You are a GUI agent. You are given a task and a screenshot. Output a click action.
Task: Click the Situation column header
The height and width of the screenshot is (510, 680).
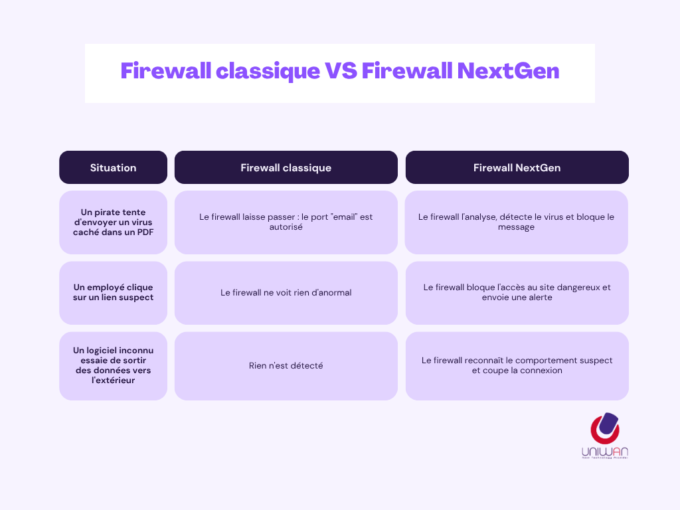point(113,168)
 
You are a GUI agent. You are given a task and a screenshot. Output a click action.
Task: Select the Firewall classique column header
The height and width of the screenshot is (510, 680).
point(286,168)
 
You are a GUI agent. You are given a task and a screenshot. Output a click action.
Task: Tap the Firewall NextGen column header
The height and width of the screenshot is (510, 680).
point(517,168)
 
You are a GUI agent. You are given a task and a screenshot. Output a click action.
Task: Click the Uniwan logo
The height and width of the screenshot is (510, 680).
point(604,435)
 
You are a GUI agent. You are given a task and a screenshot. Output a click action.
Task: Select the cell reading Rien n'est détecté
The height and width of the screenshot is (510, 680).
point(286,365)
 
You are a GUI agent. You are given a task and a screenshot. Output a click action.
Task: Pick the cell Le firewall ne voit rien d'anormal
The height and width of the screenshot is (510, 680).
point(286,292)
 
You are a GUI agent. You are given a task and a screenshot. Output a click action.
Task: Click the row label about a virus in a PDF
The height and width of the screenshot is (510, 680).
point(113,222)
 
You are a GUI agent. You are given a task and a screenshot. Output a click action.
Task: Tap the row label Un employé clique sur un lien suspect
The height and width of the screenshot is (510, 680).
point(113,292)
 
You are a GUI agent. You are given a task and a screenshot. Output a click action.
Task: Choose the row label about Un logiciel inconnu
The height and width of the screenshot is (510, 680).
point(113,365)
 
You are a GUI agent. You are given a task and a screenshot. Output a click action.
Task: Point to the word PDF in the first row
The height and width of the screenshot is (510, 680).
point(145,231)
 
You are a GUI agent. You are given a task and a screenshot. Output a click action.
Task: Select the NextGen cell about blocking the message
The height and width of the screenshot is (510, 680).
point(516,222)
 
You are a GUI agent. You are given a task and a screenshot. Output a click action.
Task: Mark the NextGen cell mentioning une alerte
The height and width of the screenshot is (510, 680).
point(517,292)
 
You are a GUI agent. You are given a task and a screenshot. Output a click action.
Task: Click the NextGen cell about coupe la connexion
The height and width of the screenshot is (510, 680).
point(517,365)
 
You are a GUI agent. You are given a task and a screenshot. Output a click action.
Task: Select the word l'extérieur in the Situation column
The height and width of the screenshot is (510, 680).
point(113,381)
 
